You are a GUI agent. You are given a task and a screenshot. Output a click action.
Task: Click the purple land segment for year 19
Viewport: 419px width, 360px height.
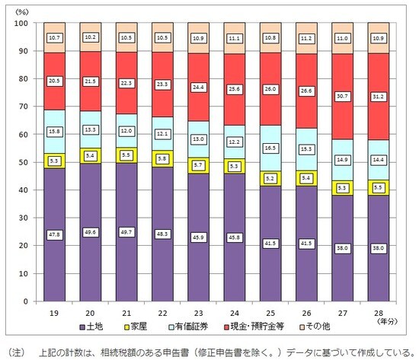pyautogui.click(x=55, y=259)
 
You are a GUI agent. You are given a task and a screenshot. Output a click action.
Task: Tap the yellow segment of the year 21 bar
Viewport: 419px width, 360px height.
pyautogui.click(x=126, y=155)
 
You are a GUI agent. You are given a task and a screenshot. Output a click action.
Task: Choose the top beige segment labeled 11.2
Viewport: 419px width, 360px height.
pyautogui.click(x=306, y=38)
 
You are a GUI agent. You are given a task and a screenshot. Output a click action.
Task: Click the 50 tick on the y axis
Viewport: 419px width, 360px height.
pyautogui.click(x=23, y=163)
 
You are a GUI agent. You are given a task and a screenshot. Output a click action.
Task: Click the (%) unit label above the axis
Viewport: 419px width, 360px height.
pyautogui.click(x=23, y=10)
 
